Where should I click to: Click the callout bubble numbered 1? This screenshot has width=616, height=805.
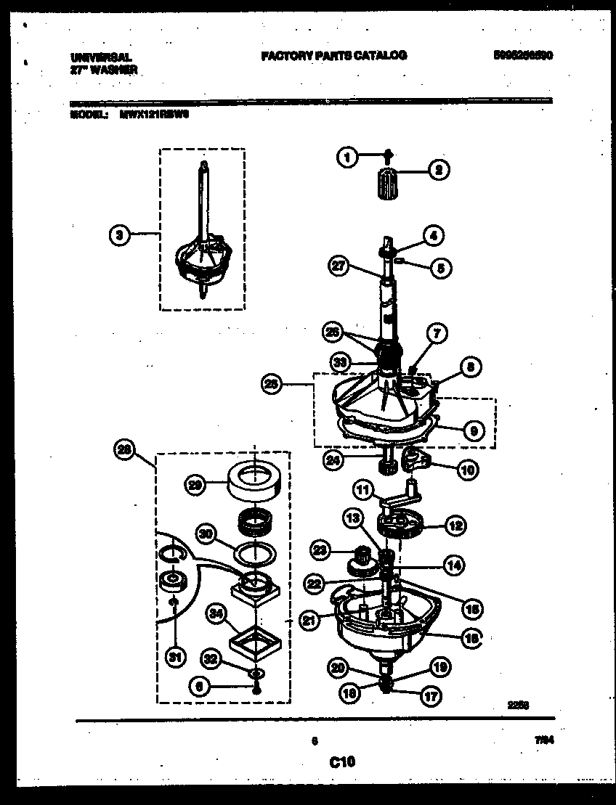(348, 156)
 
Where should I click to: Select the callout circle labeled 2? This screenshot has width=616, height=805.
(439, 171)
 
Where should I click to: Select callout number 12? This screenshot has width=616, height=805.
(457, 526)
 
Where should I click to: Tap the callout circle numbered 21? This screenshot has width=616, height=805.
(310, 619)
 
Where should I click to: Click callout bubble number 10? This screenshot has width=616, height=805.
(467, 470)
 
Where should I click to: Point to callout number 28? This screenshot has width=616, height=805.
(125, 449)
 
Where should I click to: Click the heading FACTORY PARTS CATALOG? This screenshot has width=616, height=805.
(333, 55)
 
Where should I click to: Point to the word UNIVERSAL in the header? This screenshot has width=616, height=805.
(101, 57)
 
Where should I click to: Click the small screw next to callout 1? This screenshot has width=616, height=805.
(388, 154)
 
